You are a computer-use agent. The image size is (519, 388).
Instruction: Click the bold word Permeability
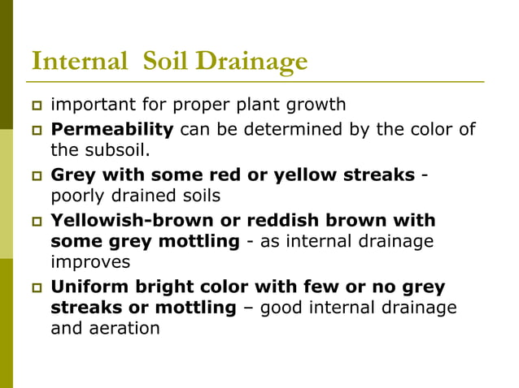[x=112, y=129]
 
